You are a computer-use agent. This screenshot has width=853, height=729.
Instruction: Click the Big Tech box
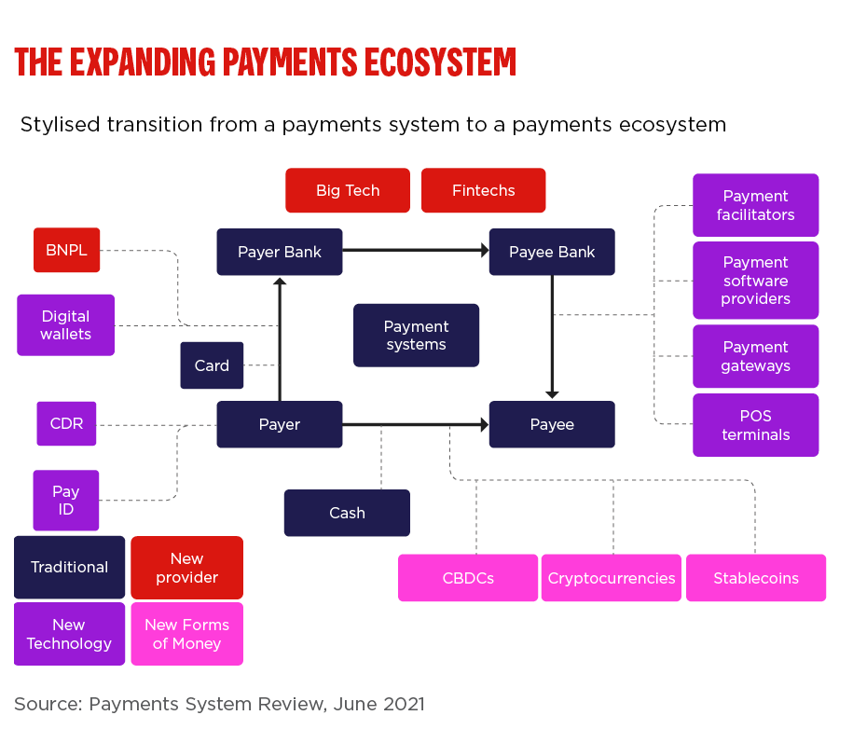click(348, 190)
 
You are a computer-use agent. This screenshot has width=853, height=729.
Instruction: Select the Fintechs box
click(483, 190)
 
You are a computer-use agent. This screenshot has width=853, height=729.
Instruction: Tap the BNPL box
click(66, 250)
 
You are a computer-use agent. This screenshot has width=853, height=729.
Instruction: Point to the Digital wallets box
click(65, 325)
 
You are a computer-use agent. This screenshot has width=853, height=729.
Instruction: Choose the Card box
click(212, 365)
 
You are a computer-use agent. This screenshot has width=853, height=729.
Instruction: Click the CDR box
click(66, 423)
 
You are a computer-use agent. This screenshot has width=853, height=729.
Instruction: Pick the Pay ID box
click(65, 501)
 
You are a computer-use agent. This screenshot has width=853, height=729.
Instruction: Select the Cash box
click(347, 513)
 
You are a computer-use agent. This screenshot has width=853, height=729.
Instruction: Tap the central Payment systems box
click(416, 336)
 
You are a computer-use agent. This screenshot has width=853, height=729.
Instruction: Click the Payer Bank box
click(280, 252)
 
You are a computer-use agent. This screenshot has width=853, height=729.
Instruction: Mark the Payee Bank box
click(552, 252)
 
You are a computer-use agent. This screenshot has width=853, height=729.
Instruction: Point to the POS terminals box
click(755, 425)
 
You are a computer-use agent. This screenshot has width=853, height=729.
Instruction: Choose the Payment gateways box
click(755, 356)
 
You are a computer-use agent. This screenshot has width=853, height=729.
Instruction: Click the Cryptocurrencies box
click(612, 578)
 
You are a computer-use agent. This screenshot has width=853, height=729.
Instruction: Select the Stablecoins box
click(756, 578)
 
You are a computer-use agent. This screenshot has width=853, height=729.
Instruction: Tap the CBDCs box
click(468, 578)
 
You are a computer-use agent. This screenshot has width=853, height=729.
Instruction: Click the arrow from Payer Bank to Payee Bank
click(416, 250)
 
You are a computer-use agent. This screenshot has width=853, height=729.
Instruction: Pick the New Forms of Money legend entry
click(186, 634)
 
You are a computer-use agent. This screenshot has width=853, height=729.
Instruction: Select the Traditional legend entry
click(69, 567)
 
